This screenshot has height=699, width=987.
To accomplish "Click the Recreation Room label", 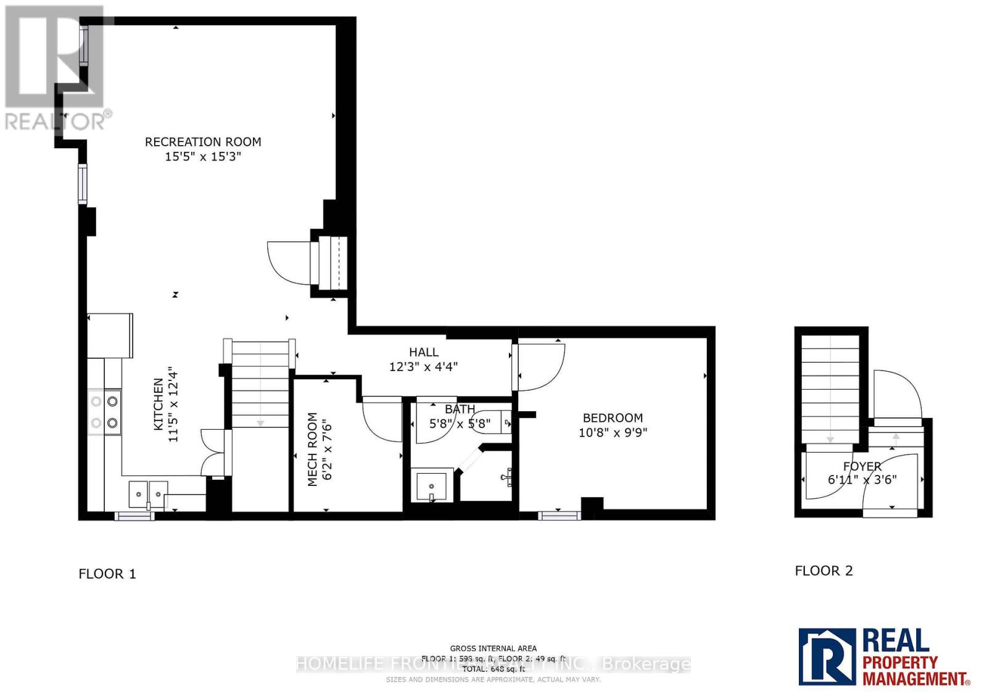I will point(203,142).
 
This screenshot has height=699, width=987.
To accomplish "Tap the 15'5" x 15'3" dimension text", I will point(203,157).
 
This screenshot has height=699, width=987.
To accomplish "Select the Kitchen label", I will point(159,404).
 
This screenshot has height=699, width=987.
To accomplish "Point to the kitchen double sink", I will point(148,493).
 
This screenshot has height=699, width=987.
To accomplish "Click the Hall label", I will point(424,352).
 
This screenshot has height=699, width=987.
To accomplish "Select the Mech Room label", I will point(313,449).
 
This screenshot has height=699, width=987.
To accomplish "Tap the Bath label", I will point(460,409).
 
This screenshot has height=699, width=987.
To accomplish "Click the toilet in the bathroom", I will point(496,423).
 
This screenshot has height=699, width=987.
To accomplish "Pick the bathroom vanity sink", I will point(431,487).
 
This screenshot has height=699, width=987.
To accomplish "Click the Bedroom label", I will point(613,418).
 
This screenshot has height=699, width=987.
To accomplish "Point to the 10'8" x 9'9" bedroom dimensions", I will point(613,432).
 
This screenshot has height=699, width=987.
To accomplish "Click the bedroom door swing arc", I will point(542,367).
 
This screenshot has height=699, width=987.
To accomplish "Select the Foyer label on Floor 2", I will point(862,466).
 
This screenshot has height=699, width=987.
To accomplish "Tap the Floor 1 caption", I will point(107,574).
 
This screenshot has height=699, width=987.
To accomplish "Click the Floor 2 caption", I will point(824,571).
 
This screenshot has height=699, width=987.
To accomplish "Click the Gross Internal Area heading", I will point(493,648).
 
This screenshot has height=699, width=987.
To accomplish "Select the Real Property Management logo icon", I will point(827,656).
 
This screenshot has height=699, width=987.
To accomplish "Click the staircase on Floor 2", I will point(830,389).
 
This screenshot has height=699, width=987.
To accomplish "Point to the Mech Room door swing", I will point(381,420).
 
